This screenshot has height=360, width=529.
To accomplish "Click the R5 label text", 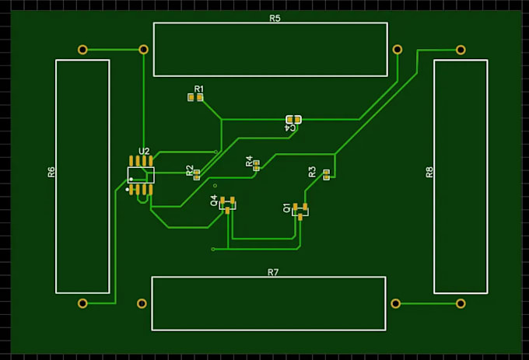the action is click(x=275, y=18).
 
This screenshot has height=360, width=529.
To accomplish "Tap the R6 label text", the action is click(x=51, y=172).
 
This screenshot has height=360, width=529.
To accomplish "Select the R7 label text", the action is click(x=273, y=272).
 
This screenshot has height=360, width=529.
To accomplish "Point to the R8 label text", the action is click(x=429, y=172).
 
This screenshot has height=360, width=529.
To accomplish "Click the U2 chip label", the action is click(x=144, y=152).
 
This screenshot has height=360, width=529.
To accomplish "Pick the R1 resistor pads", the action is click(x=195, y=97).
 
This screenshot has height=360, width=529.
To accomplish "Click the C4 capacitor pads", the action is click(x=293, y=119).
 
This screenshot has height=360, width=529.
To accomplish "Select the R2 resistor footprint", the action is click(x=197, y=175).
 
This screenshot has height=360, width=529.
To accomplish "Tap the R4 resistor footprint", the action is click(x=257, y=166).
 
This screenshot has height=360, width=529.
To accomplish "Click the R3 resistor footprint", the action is click(x=326, y=175).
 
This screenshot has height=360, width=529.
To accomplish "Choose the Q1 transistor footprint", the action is click(x=300, y=211).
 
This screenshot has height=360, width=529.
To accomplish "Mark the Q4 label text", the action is click(x=214, y=201).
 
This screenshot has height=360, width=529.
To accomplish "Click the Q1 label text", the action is click(x=286, y=208).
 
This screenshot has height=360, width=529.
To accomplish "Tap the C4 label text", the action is click(x=290, y=128).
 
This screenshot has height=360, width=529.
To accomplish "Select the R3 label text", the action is click(x=313, y=172).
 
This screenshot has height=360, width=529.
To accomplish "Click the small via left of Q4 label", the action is click(x=215, y=186).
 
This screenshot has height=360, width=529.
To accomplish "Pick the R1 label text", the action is click(x=199, y=89).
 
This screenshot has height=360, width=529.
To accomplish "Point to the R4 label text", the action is click(x=249, y=161).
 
